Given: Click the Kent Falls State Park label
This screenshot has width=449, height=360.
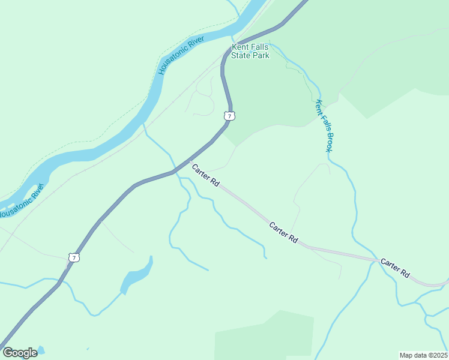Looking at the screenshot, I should click(251, 51).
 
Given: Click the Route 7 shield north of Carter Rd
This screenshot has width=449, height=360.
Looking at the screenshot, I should click(229, 115).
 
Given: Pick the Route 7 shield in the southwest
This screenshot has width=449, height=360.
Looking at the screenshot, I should click(74, 257).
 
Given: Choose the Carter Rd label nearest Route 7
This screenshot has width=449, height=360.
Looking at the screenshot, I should click(205, 175).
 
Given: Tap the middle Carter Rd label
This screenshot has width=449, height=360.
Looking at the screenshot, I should click(283, 233).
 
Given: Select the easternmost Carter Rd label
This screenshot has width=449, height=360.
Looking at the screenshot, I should click(394, 268).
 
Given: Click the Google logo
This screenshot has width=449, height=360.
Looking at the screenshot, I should click(20, 353).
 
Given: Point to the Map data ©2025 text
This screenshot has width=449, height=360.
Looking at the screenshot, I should click(423, 355).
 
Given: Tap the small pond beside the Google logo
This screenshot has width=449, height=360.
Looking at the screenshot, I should click(41, 350).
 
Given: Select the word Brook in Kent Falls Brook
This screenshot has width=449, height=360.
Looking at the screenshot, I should click(329, 140).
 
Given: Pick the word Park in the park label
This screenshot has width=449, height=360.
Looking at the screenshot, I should click(261, 56).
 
